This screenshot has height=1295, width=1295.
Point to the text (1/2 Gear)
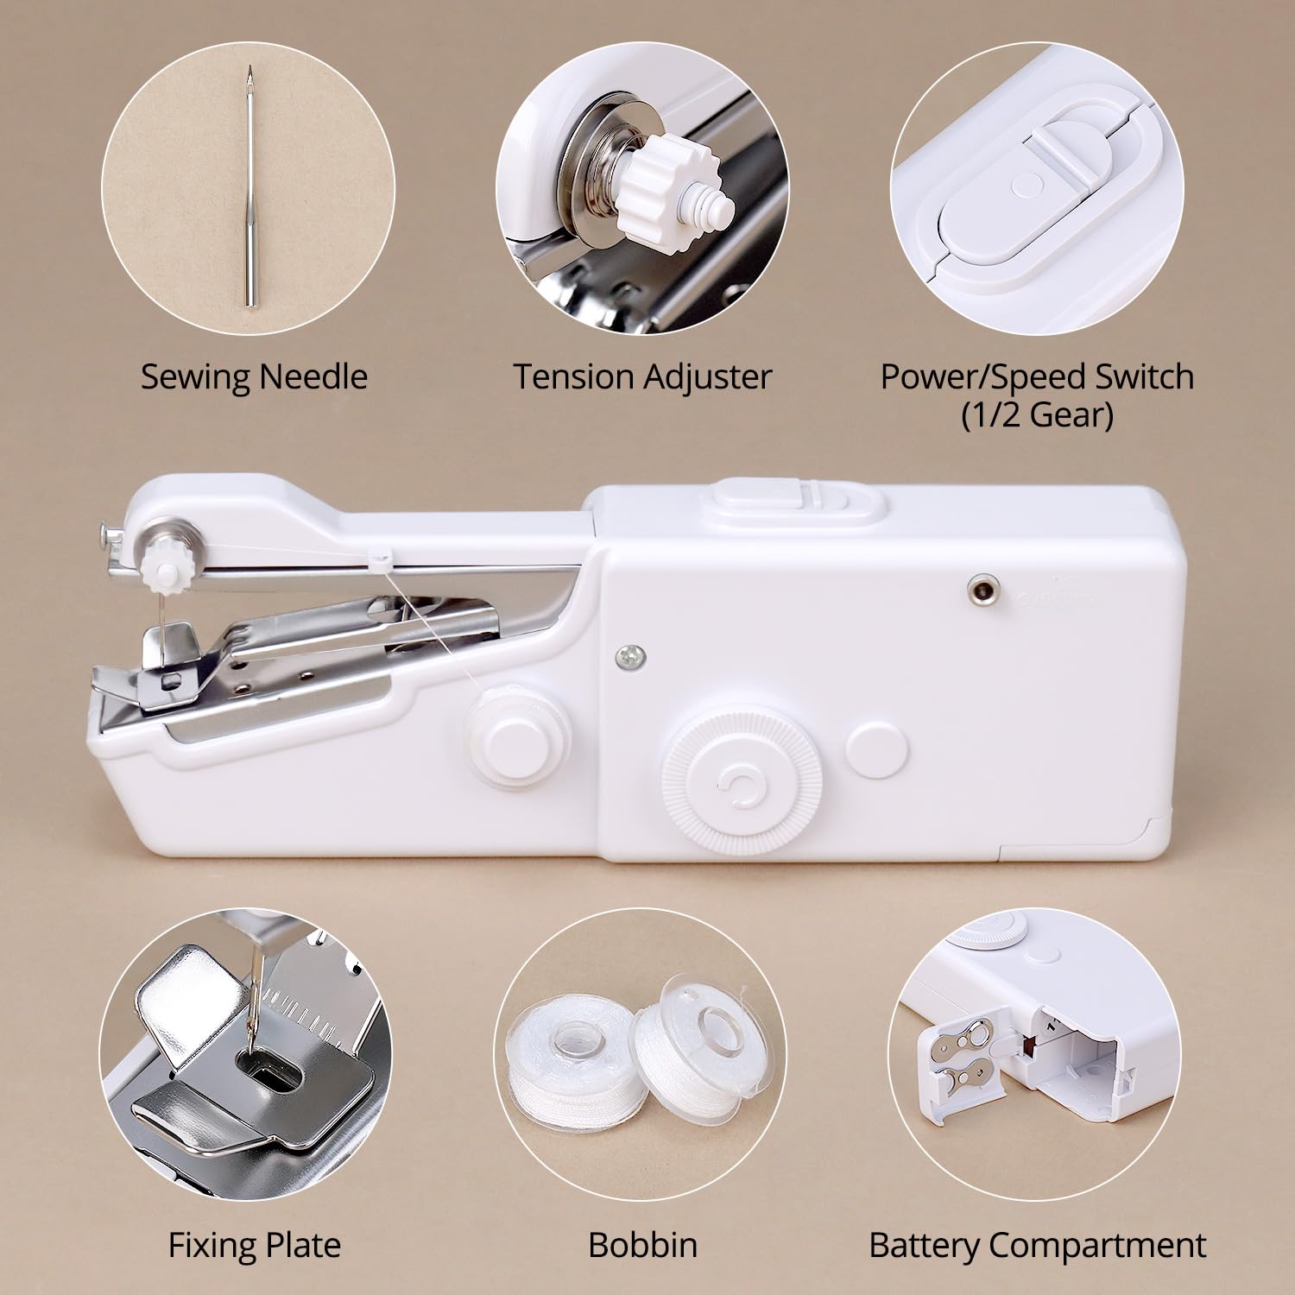1037,415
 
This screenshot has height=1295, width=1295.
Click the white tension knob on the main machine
161,565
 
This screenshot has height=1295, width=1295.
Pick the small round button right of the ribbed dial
878,748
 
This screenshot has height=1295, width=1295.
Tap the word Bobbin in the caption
642,1245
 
